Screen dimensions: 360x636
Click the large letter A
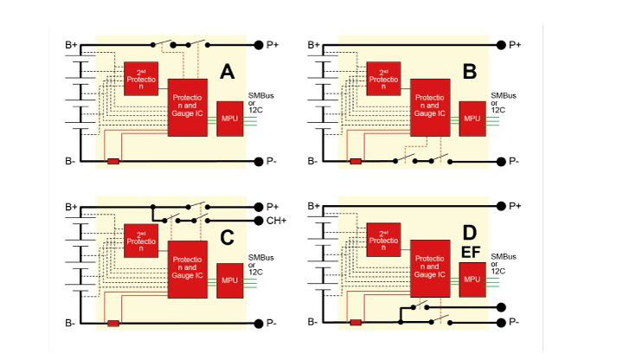[x=228, y=73]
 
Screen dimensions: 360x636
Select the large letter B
[x=470, y=73]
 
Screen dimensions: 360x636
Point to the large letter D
[x=470, y=234]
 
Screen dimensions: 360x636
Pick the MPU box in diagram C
[x=229, y=280]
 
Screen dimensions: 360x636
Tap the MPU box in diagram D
[x=472, y=280]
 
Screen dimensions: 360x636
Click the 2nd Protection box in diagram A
[x=139, y=79]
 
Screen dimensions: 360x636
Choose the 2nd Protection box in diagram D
[x=382, y=240]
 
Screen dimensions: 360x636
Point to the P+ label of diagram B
[x=516, y=44]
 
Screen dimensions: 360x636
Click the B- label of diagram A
[x=71, y=162]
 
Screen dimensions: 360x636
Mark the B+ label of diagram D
[x=313, y=205]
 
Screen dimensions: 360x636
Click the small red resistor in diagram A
[x=112, y=162]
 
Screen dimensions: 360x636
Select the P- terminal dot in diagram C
[x=258, y=323]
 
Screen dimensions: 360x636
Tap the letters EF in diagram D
[x=470, y=253]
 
